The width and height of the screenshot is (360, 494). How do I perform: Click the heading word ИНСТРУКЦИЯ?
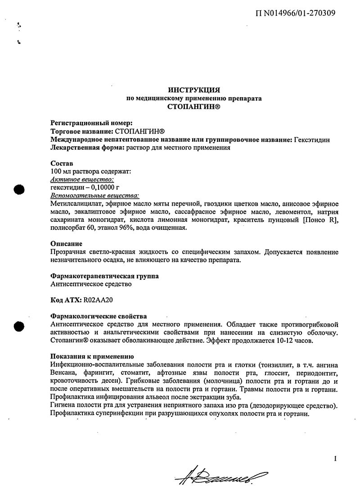(193, 90)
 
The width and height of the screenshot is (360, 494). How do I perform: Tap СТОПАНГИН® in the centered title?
(193, 107)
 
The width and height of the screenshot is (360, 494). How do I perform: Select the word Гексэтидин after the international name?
(312, 139)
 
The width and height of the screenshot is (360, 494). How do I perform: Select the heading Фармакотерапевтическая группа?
(104, 276)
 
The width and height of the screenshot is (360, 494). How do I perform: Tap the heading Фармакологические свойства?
(99, 316)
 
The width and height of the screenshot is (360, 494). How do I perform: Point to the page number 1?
(335, 459)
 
